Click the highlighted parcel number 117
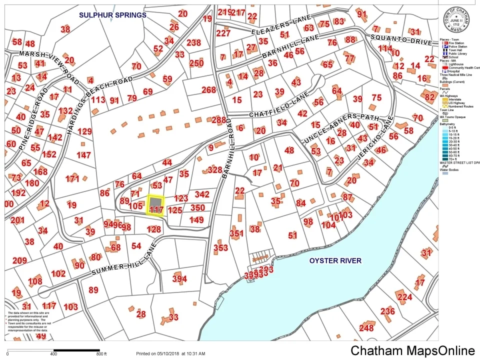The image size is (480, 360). coord(156,209)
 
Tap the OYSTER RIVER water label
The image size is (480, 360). coord(335,260)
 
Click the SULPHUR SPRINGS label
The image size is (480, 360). coord(112,15)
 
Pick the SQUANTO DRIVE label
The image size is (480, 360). coord(401,39)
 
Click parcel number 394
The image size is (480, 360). coord(179,279)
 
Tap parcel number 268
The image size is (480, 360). coord(208,90)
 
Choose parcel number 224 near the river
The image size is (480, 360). coord(404,297)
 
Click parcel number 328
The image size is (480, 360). coord(214,170)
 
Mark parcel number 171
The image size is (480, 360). coord(72,178)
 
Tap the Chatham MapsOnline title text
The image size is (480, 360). coord(412,350)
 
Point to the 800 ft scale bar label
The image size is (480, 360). coord(101,354)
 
